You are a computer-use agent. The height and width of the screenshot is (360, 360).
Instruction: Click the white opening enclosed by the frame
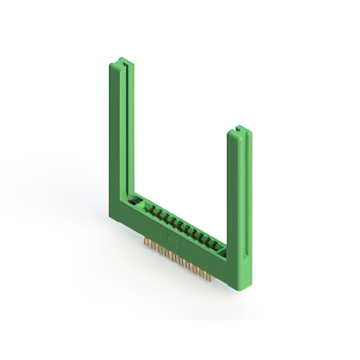(x=180, y=157)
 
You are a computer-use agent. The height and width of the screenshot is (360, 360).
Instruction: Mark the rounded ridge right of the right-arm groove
(x=247, y=197)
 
